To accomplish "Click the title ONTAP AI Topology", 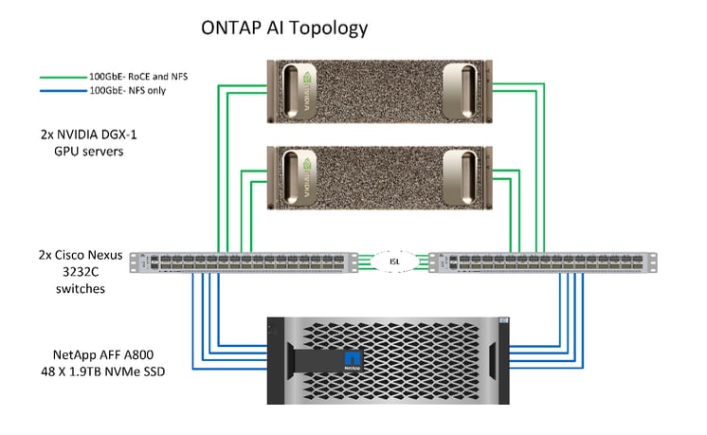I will click(283, 27).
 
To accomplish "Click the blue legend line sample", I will click(62, 91).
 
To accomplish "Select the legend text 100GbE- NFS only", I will click(129, 91).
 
